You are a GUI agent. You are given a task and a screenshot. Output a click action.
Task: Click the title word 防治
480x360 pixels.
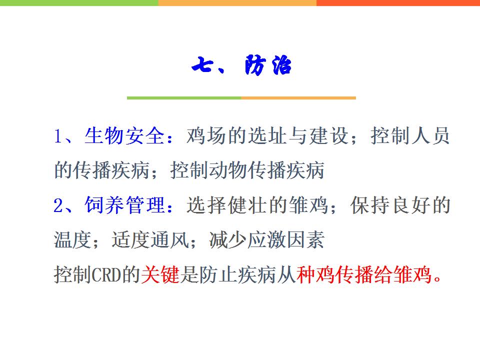268,65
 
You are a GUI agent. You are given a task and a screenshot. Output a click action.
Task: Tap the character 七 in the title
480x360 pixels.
202,64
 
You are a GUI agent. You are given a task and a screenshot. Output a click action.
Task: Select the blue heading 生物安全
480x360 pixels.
124,135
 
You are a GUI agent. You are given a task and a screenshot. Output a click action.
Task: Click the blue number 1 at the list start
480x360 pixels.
58,136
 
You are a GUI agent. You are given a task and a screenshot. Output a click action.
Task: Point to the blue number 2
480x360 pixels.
58,205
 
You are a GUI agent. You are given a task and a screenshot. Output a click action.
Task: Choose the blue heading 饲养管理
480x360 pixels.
124,205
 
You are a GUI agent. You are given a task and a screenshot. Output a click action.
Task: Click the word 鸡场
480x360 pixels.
206,135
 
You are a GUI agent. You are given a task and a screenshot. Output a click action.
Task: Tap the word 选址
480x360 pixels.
267,135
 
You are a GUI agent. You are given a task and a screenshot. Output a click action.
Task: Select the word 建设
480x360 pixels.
328,135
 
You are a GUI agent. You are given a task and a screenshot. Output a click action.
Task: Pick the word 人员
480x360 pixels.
430,135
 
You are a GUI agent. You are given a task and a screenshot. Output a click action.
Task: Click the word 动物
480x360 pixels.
228,170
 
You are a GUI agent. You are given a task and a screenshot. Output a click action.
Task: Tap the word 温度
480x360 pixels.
73,239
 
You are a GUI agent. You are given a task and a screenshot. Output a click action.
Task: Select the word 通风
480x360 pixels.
169,239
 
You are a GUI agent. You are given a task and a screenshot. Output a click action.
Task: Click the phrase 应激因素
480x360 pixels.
286,239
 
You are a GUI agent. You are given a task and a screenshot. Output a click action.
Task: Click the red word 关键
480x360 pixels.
160,274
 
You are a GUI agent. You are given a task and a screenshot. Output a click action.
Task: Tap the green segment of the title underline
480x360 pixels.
184,98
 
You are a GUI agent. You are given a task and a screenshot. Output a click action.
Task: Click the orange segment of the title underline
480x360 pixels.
298,98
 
